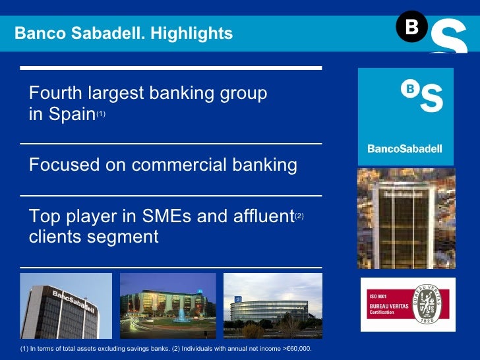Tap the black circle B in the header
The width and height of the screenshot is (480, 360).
point(411,27)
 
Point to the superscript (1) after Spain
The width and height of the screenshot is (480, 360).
point(100,114)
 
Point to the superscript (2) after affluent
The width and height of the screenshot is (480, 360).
point(299,215)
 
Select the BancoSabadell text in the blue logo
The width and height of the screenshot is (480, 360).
point(405,149)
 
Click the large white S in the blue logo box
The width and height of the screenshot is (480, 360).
point(431,98)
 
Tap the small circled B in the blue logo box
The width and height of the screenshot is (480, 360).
point(409,88)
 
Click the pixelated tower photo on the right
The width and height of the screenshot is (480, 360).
point(405,218)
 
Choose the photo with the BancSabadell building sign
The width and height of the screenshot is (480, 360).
point(66,305)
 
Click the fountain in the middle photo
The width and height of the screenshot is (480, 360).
point(164,315)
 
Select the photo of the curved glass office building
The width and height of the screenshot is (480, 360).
point(272,305)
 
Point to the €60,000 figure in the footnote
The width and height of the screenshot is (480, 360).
point(295,348)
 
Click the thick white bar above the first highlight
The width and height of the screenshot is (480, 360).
point(171,68)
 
